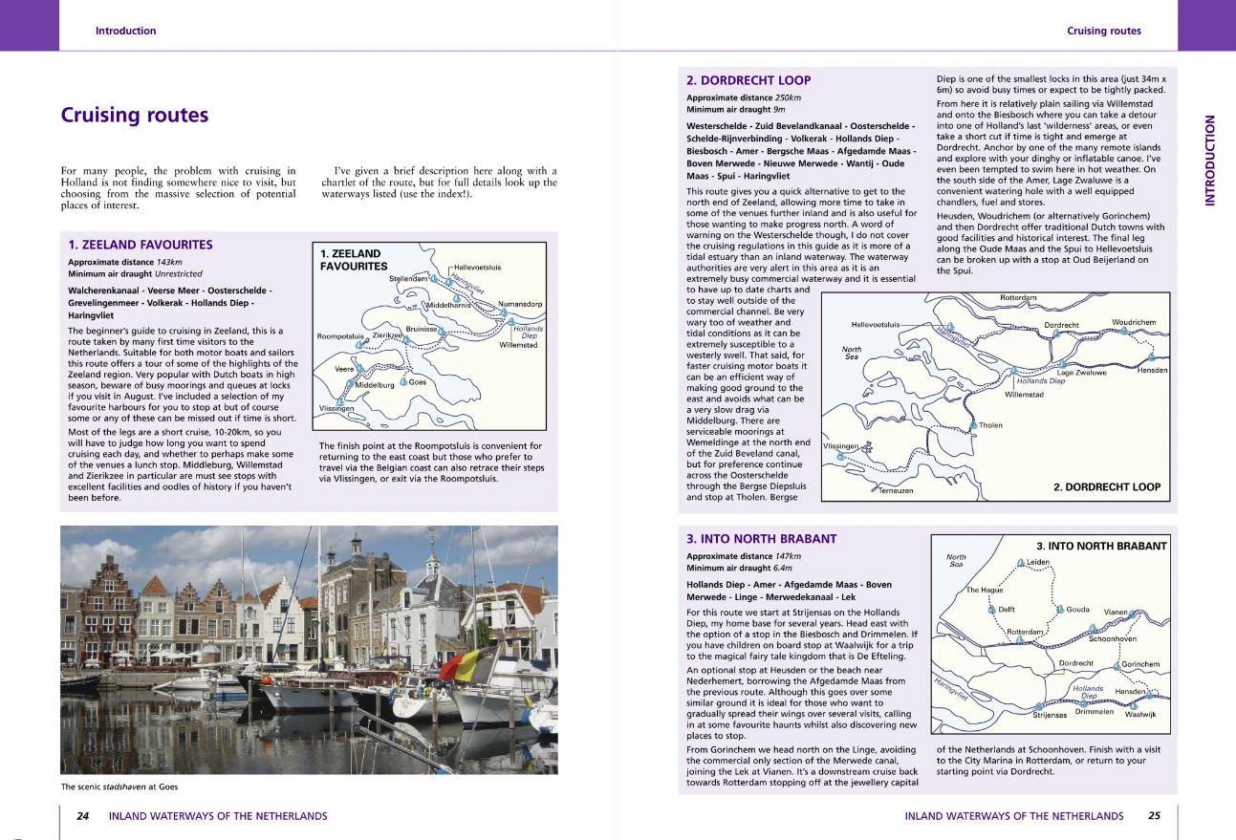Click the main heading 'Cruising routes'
click(x=134, y=116)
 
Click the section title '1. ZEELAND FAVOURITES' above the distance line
click(x=140, y=245)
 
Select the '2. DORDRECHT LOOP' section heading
click(x=748, y=80)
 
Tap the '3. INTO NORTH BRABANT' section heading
click(x=761, y=539)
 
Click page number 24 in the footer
click(x=83, y=816)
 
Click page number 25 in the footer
click(x=1154, y=816)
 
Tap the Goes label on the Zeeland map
click(x=418, y=382)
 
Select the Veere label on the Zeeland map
click(x=346, y=369)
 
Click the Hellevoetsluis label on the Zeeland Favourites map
click(x=477, y=268)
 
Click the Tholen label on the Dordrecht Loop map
click(x=990, y=424)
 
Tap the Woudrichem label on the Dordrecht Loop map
click(x=1134, y=322)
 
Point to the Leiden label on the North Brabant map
click(x=1038, y=562)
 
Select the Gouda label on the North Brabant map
click(x=1077, y=609)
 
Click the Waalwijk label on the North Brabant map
click(x=1140, y=715)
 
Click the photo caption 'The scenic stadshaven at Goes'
click(x=119, y=786)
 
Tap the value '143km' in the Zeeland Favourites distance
click(x=169, y=261)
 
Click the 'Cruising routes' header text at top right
click(x=1103, y=31)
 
